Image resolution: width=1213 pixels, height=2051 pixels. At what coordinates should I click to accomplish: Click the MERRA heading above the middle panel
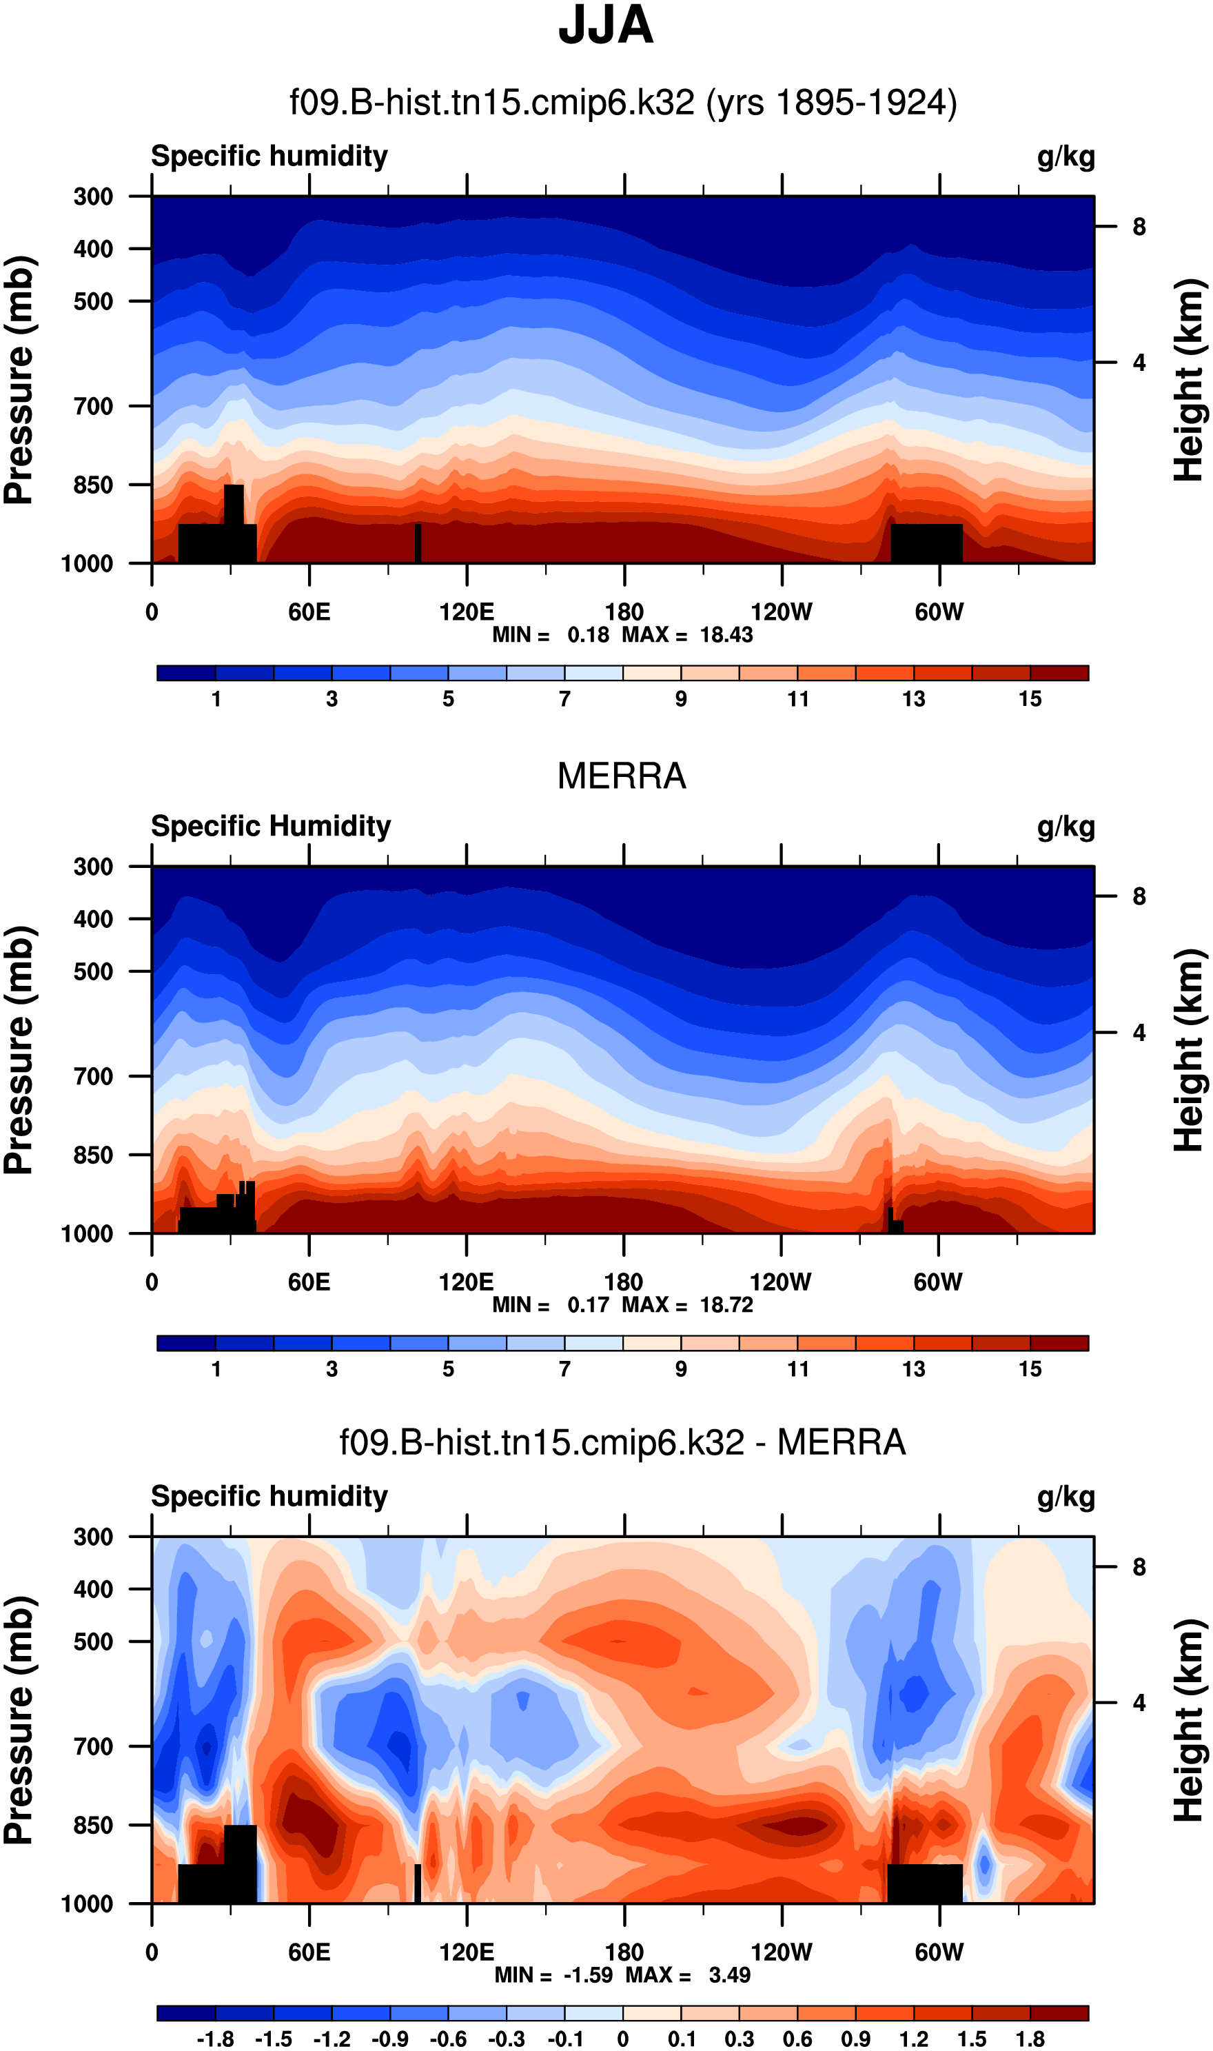621,776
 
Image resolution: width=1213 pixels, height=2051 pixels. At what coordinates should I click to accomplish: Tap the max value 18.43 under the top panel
726,635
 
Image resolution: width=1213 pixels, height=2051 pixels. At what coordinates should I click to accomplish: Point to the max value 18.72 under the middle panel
726,1304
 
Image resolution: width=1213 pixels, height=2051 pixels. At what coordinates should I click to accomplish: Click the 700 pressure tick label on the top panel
93,405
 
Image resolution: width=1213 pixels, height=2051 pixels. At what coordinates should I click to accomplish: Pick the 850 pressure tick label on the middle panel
93,1155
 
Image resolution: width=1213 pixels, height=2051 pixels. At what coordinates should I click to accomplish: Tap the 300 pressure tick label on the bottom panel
93,1537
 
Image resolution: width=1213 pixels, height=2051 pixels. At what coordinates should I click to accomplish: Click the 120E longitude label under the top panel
466,612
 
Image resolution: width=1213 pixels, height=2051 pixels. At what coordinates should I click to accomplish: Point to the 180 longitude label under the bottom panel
624,1952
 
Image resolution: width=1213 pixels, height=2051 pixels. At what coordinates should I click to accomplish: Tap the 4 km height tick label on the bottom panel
1139,1703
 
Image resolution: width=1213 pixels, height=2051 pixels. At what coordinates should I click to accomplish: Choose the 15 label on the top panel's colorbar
1030,699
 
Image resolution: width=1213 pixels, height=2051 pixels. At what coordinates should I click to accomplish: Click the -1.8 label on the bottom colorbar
215,2039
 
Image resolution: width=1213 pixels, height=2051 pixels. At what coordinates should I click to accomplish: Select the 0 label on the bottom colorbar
623,2039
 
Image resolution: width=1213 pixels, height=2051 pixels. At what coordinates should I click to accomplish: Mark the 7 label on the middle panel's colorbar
565,1368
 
